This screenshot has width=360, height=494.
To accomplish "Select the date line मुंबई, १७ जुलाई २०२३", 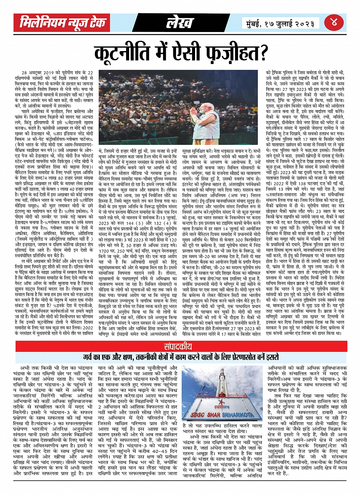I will [280, 23].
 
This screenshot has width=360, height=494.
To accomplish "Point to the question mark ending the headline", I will [262, 51].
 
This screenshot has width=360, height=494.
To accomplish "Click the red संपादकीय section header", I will [180, 347].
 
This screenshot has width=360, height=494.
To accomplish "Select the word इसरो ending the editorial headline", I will [270, 358].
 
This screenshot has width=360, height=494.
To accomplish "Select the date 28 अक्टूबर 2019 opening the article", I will [40, 72].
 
